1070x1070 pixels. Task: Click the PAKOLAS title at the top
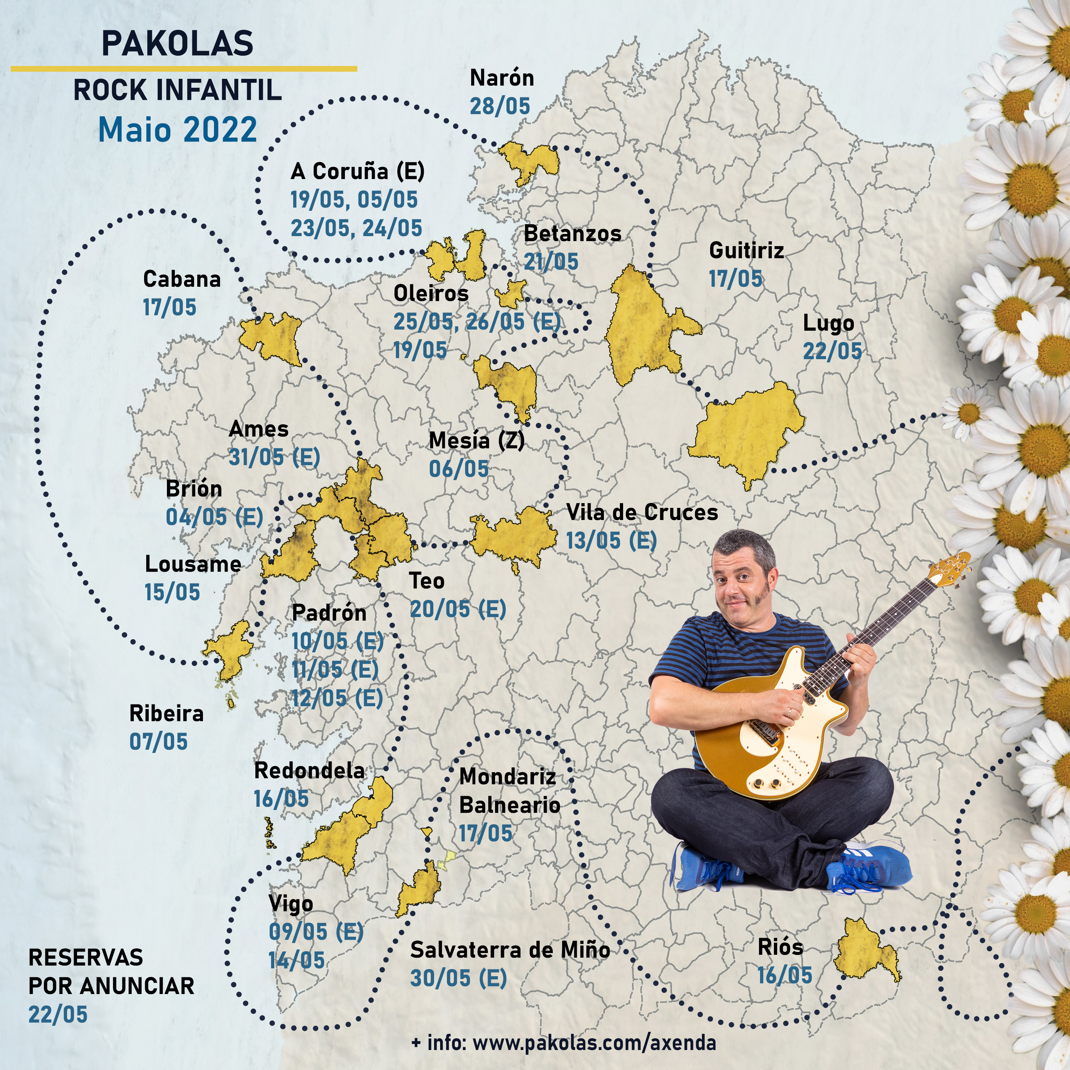pyautogui.click(x=177, y=43)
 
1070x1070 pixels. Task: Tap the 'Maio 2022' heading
pyautogui.click(x=177, y=129)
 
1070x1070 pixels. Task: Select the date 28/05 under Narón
pyautogui.click(x=500, y=106)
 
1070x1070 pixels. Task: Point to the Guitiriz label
pyautogui.click(x=746, y=250)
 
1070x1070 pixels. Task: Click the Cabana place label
pyautogui.click(x=182, y=279)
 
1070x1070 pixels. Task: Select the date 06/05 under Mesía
pyautogui.click(x=459, y=469)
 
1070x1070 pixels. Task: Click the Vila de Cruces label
pyautogui.click(x=641, y=512)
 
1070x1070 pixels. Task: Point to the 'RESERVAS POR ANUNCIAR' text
pyautogui.click(x=111, y=972)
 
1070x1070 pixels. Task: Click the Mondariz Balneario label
pyautogui.click(x=508, y=791)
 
